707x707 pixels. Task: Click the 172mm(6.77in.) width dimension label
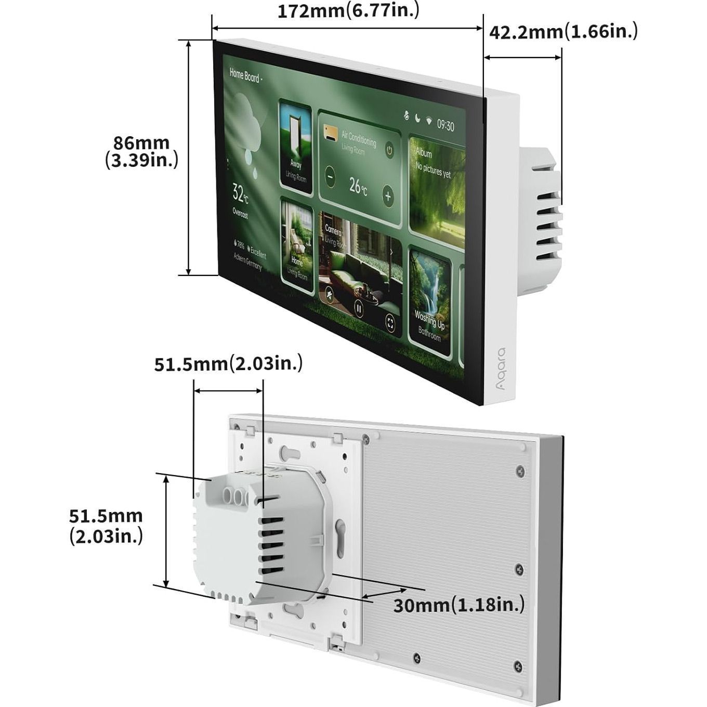348,11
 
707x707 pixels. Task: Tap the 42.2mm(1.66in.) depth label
564,32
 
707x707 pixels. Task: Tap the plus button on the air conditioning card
388,197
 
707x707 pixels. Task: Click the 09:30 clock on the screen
445,125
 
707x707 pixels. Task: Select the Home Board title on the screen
245,76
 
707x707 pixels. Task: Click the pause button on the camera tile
358,308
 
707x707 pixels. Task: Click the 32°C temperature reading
240,193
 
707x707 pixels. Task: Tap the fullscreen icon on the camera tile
390,323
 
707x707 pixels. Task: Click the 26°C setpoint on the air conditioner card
358,185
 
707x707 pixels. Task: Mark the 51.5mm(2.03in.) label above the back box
228,363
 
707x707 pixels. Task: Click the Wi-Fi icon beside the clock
429,121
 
